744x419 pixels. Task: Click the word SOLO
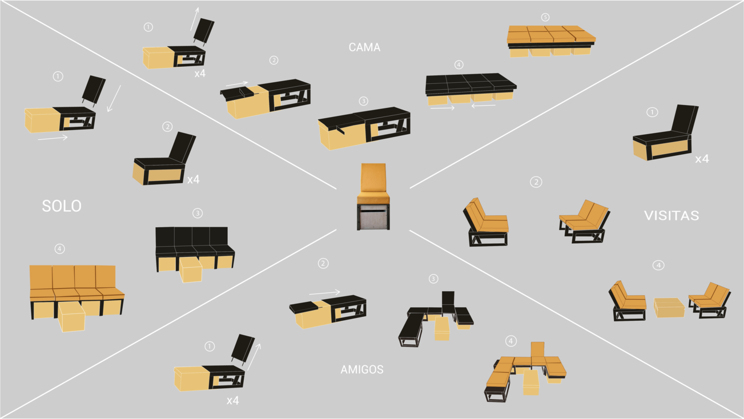[x=62, y=206]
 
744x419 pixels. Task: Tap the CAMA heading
[x=364, y=47]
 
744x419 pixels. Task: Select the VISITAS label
[x=671, y=215]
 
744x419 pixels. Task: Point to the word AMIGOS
[x=361, y=369]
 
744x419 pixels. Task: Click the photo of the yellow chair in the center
[x=373, y=196]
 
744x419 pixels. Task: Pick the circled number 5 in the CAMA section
[x=545, y=17]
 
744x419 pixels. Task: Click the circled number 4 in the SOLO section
[x=59, y=249]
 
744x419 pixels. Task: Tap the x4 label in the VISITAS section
[x=702, y=159]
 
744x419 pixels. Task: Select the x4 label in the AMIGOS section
[x=232, y=400]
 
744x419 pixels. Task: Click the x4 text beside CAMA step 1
[x=200, y=74]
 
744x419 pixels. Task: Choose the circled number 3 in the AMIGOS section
[x=433, y=279]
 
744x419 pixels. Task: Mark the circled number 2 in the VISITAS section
[x=536, y=182]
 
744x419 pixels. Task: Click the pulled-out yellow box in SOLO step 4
[x=71, y=316]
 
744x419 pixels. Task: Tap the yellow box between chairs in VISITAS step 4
[x=669, y=308]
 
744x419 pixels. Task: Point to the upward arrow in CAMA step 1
[x=195, y=19]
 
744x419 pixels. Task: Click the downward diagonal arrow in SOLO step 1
[x=114, y=99]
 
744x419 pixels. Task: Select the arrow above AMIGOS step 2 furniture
[x=324, y=292]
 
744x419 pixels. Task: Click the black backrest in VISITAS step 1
[x=685, y=119]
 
